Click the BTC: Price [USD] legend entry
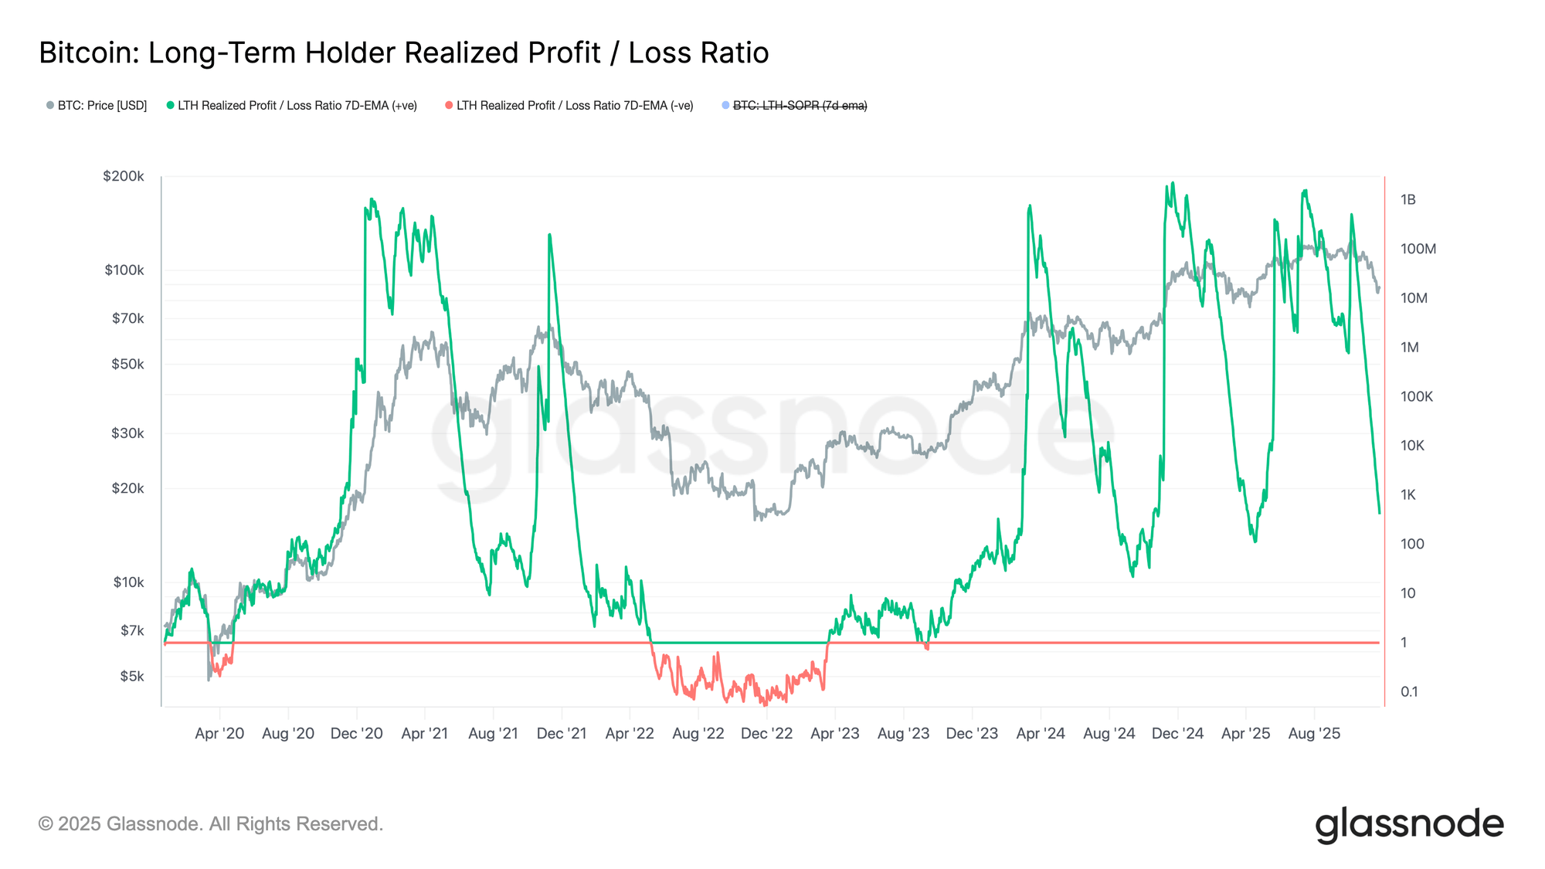(97, 105)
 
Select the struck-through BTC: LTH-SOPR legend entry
(800, 105)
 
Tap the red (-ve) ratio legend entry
(574, 105)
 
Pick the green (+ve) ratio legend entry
(297, 105)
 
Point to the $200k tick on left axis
(124, 176)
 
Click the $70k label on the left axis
(127, 318)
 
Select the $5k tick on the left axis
(131, 676)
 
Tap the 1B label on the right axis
(1407, 199)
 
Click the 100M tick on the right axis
(1418, 249)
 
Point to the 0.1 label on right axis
(1409, 691)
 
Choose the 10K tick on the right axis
(1412, 446)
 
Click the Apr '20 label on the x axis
(219, 733)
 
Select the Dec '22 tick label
(766, 733)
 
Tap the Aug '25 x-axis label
(1314, 733)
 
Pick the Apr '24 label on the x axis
(1041, 733)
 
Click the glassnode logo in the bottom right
(1409, 824)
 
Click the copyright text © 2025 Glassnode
(210, 824)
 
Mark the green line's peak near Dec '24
(1173, 183)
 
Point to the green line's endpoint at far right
(1380, 513)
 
